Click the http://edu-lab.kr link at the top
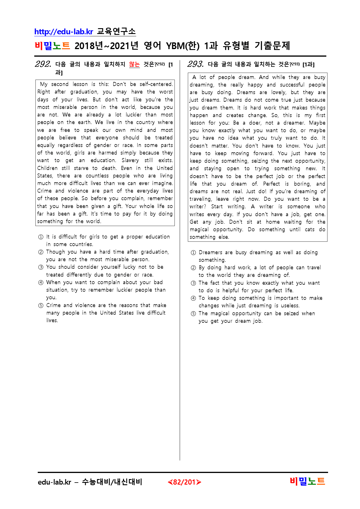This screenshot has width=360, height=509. click(64, 32)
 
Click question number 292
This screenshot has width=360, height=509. click(43, 64)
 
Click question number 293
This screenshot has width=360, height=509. click(195, 64)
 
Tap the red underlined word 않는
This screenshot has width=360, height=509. click(134, 64)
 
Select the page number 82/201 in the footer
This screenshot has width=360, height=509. click(184, 482)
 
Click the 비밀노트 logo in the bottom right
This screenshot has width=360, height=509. click(307, 481)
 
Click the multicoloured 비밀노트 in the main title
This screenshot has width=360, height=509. click(52, 46)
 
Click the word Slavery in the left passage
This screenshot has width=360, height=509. click(130, 160)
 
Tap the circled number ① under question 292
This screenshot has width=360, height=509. click(41, 237)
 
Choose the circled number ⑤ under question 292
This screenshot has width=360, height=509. click(41, 305)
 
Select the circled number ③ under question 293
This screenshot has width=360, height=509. click(193, 283)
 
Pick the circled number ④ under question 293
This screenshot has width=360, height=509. click(193, 298)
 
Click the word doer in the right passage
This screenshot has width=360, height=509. click(255, 123)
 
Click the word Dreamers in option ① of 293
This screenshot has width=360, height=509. click(211, 252)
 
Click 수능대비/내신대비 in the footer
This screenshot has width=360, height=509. click(112, 482)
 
